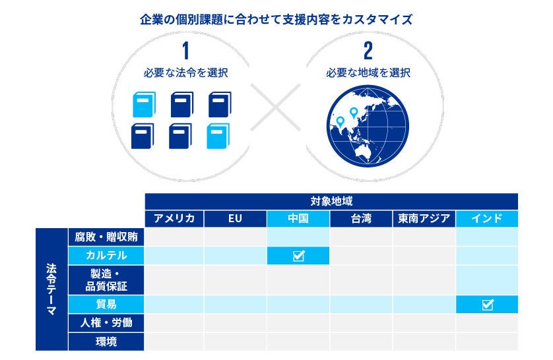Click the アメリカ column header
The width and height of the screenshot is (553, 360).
pos(174,219)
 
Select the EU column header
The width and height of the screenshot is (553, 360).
pos(236,219)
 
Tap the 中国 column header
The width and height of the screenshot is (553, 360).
pos(298,219)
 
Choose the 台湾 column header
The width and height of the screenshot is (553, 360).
pos(361,219)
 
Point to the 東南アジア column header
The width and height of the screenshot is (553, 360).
pos(424,219)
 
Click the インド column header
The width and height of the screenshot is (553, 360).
pos(487,219)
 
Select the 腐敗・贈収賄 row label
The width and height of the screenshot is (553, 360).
pos(106,237)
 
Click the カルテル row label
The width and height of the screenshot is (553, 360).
pos(106,255)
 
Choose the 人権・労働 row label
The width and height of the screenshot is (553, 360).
pos(106,323)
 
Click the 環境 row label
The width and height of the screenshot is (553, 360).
pos(106,342)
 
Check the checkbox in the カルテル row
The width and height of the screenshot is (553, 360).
pos(298,256)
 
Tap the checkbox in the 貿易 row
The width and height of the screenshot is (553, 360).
pos(488,305)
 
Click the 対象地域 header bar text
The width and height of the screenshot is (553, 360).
pos(331,201)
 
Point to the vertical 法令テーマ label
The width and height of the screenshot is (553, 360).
pos(51,289)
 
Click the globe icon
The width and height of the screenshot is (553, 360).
pos(368,125)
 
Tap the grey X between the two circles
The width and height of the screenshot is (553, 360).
pos(276,106)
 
